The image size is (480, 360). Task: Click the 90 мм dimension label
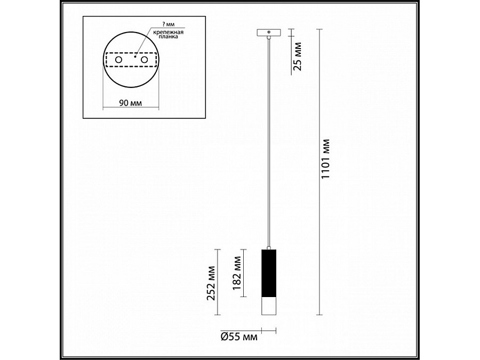pos(131,102)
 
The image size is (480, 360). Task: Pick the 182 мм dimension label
pos(238,272)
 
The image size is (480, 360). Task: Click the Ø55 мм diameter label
pos(238,337)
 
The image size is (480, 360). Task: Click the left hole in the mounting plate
pos(118,61)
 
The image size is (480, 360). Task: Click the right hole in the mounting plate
pos(144,61)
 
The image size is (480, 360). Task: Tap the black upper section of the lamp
pos(269,273)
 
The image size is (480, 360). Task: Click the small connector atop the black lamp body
pos(269,246)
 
